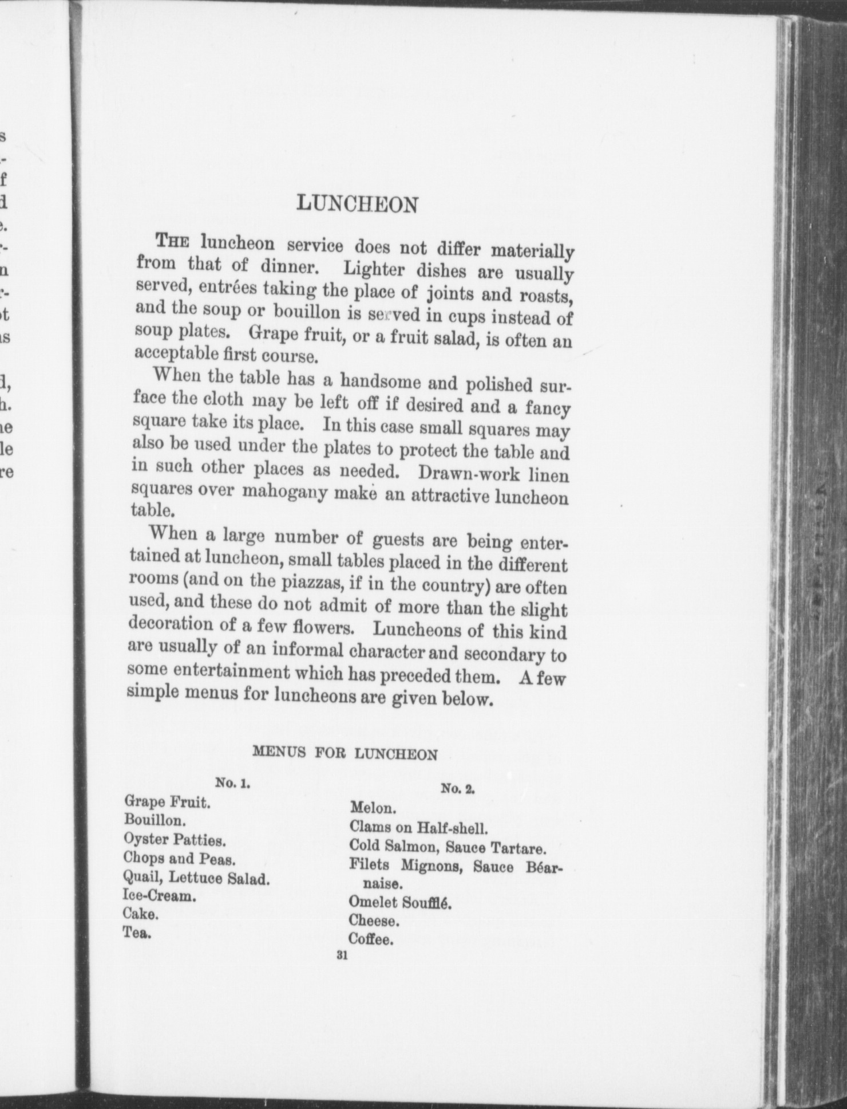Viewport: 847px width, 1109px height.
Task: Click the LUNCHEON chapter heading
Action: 358,205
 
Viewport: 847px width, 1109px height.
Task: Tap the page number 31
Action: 343,955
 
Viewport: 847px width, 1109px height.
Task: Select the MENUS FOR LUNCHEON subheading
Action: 345,753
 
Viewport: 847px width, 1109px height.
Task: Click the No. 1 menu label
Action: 232,783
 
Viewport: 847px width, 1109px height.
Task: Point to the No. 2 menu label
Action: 458,789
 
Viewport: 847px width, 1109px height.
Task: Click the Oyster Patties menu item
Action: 175,840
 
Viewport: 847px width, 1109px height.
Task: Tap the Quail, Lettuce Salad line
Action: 196,878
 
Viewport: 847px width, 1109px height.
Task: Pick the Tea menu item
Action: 137,933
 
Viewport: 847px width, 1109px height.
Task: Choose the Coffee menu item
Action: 371,939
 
